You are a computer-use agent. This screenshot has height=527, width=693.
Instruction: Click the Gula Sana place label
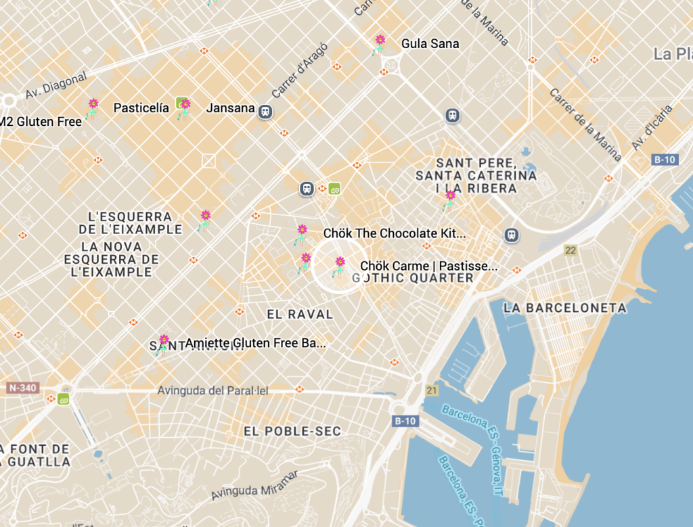[x=430, y=44]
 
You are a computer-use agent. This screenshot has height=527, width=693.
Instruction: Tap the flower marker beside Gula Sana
[x=380, y=43]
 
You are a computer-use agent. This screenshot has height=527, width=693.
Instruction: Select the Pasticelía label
[x=141, y=108]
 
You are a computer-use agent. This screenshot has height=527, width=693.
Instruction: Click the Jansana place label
[x=230, y=108]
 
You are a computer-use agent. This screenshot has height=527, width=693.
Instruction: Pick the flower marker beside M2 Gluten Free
[x=93, y=107]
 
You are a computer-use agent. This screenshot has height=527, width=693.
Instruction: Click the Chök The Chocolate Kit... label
[x=395, y=233]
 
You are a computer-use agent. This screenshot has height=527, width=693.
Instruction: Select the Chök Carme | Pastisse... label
[x=428, y=266]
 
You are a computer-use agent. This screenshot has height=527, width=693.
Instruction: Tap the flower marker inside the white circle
[x=340, y=265]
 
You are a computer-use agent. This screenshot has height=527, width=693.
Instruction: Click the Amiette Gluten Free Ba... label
[x=255, y=343]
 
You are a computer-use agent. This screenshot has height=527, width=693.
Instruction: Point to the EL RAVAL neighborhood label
[x=300, y=315]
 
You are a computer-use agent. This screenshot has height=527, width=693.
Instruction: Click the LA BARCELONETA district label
[x=565, y=308]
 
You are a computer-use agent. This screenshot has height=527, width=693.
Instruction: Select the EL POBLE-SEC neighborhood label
[x=292, y=431]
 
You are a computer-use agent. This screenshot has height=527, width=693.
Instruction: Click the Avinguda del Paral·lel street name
[x=213, y=391]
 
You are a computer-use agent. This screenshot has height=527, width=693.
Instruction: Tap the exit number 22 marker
[x=571, y=250]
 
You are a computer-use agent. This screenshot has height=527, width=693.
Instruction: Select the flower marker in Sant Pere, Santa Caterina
[x=449, y=198]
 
